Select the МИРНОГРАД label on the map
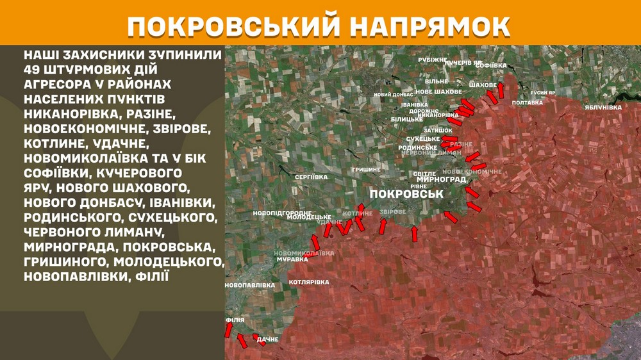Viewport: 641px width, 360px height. click(441, 180)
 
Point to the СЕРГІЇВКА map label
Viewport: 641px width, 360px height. click(311, 177)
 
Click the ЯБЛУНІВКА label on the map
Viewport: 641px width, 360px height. click(603, 108)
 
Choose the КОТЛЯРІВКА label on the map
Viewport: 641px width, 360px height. click(309, 282)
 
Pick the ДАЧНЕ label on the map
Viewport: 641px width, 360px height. click(267, 340)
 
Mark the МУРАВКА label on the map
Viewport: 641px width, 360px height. click(292, 260)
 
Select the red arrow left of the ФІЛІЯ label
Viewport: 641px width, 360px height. click(228, 330)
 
